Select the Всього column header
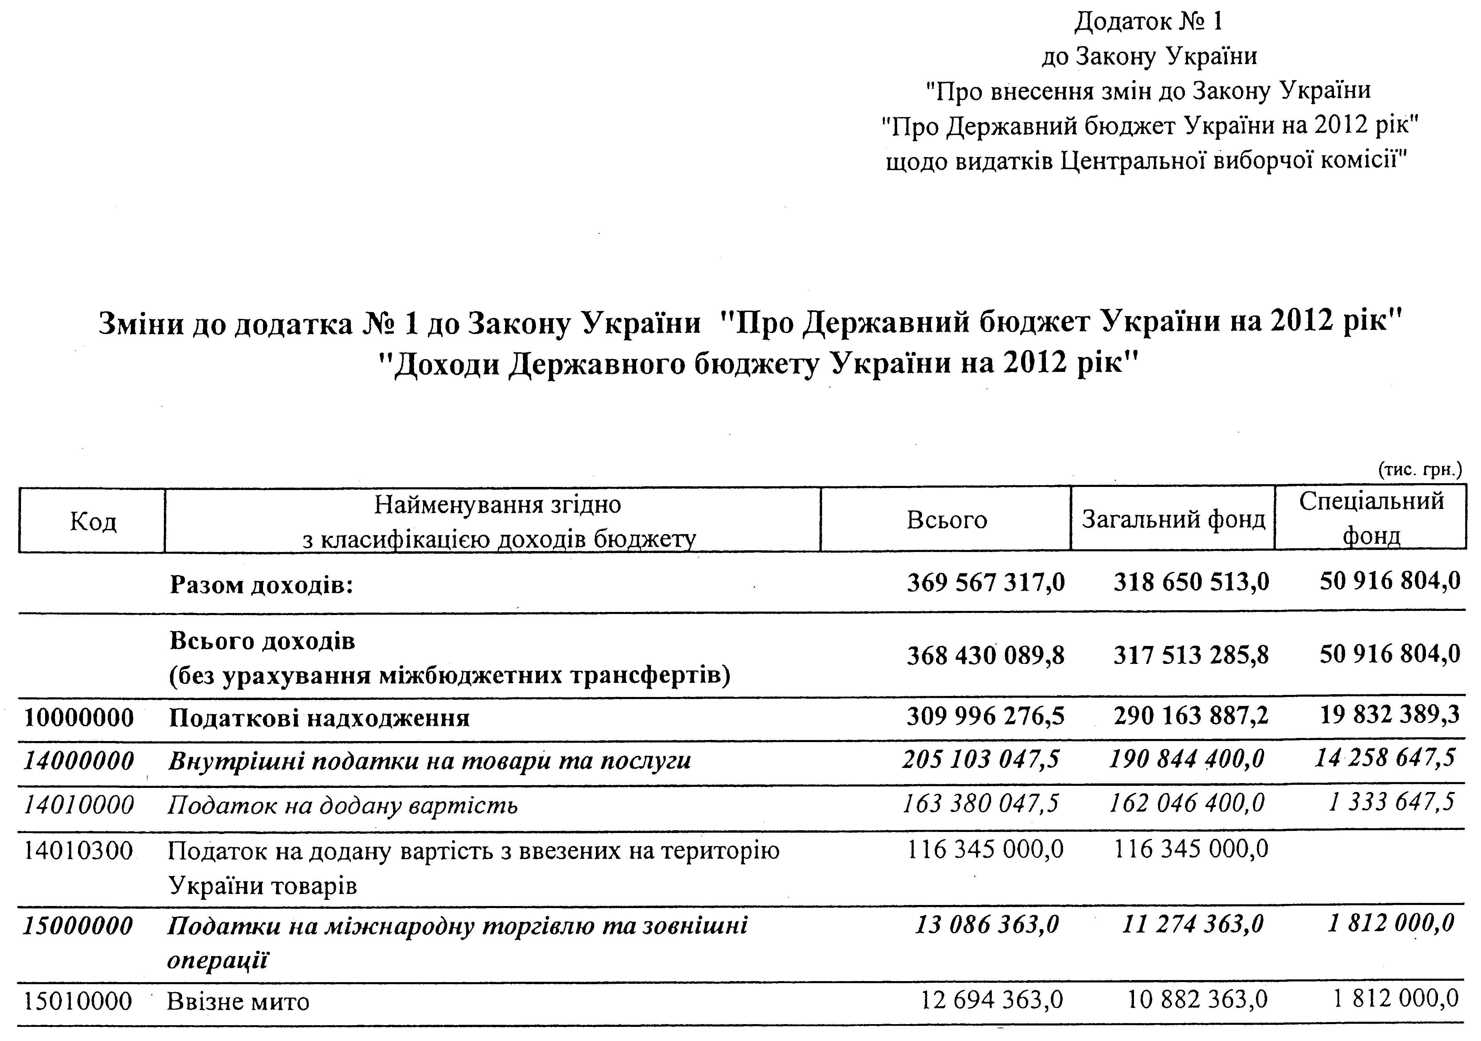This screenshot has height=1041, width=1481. point(946,520)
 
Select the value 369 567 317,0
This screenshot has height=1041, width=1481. point(986,583)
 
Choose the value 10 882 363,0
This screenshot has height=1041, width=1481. point(1197,1000)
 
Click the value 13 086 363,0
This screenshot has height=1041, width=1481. point(987,925)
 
